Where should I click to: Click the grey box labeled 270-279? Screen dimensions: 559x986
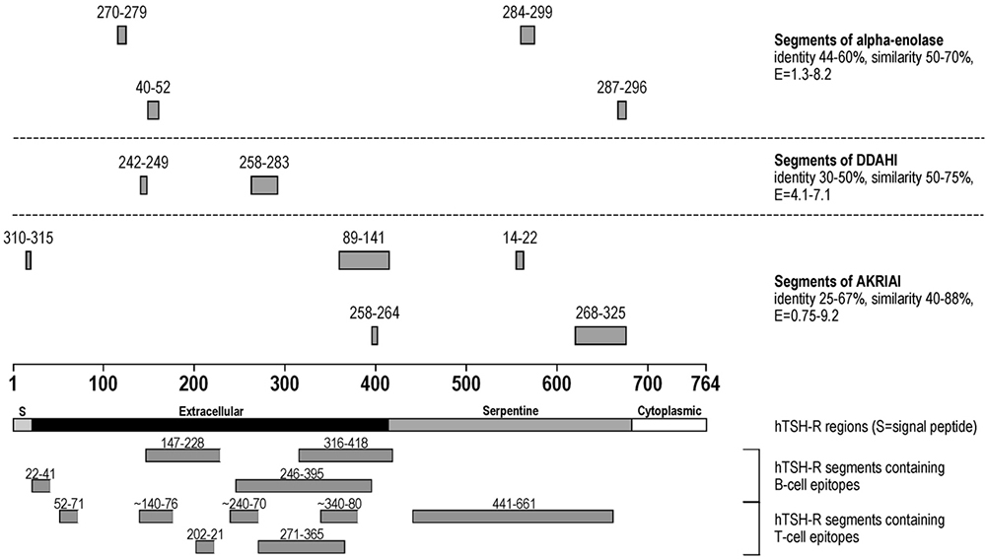(122, 35)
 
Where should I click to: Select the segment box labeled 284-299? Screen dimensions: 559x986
(528, 35)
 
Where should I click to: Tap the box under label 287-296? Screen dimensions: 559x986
(622, 110)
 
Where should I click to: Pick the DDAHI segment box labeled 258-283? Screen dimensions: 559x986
(264, 185)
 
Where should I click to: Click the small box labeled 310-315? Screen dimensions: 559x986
(29, 260)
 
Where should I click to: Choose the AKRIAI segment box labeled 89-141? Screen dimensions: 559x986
(364, 260)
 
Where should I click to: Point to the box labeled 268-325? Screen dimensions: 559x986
(600, 335)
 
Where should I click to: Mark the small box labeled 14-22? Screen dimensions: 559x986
(520, 260)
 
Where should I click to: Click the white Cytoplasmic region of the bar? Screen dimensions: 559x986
(669, 425)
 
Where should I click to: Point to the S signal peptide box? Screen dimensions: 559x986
(22, 425)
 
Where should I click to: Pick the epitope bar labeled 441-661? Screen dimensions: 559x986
(513, 517)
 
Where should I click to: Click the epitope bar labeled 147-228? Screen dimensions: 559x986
(182, 455)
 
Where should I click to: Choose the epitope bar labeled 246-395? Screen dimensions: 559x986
(304, 485)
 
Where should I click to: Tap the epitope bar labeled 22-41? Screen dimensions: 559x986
(40, 485)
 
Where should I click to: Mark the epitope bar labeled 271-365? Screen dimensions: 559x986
(302, 546)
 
